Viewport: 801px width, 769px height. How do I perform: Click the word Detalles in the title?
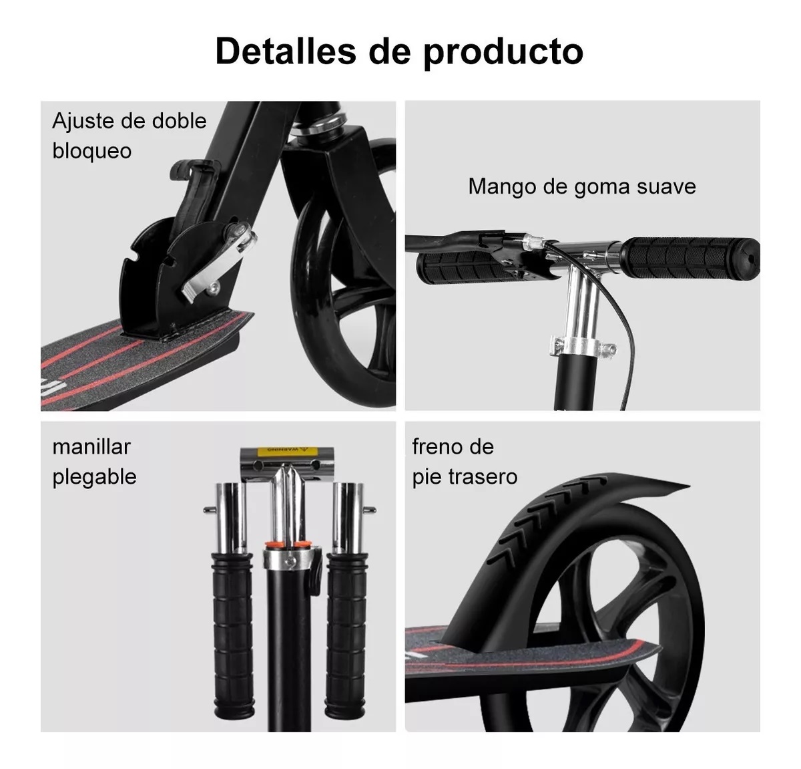(x=286, y=51)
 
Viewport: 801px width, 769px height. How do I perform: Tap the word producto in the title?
(x=503, y=53)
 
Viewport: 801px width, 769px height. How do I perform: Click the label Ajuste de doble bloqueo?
(x=129, y=136)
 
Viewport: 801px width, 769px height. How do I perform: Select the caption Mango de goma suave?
(x=582, y=186)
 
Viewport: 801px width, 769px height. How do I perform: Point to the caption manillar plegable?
(x=94, y=462)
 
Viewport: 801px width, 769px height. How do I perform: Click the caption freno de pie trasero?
(x=465, y=462)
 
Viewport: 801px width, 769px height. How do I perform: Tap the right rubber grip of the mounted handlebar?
(x=690, y=259)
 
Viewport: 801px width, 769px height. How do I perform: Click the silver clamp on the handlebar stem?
(x=582, y=345)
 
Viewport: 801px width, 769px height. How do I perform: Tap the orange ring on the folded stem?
(x=289, y=545)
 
